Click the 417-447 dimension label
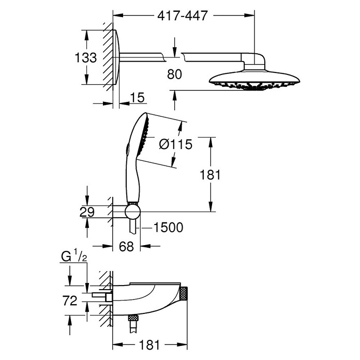(x=183, y=16)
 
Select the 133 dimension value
(x=86, y=57)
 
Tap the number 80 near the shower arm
(x=174, y=74)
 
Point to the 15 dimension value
(x=137, y=97)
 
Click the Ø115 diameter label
(x=176, y=144)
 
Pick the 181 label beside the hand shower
(x=210, y=175)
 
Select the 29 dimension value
(x=87, y=212)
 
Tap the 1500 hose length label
(x=168, y=228)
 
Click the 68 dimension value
(x=127, y=246)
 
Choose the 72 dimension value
(x=70, y=301)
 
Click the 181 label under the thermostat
(x=149, y=345)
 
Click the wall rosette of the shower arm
(x=116, y=57)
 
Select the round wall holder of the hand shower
(x=133, y=212)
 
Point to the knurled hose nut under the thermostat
(x=133, y=319)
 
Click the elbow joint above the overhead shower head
(x=253, y=61)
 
